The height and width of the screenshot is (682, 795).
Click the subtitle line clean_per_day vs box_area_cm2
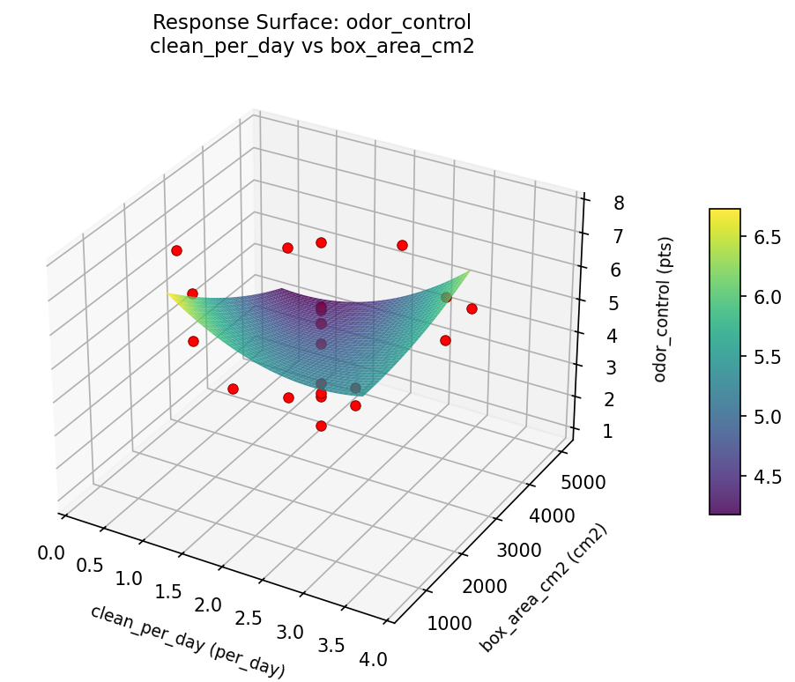coord(313,47)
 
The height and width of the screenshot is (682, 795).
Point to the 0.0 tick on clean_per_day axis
coord(52,552)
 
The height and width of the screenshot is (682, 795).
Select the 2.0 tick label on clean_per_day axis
coord(208,605)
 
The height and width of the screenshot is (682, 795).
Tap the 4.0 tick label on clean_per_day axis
coord(370,657)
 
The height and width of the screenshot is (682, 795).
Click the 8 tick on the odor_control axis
coord(619,204)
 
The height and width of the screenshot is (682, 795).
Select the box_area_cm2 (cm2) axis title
coord(544,589)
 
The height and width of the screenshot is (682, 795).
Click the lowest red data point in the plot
coord(321,426)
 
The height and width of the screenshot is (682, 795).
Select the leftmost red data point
coord(176,251)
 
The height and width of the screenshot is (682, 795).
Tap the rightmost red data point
coord(472,308)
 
